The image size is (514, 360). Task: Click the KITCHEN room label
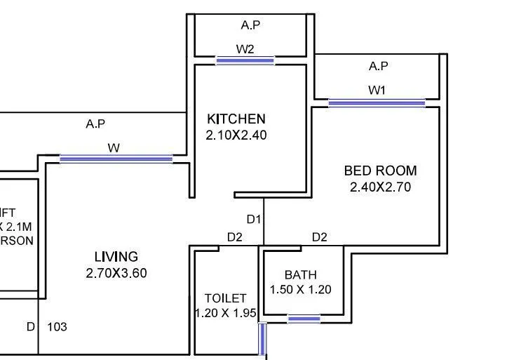coord(236,119)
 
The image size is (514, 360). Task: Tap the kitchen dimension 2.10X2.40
coord(236,135)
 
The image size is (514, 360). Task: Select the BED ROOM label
coord(380,171)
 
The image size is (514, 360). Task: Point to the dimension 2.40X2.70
coord(380,187)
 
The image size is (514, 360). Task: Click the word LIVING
coord(116,257)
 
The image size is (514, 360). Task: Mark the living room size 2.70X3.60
coord(116,273)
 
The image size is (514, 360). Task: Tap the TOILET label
coord(225,298)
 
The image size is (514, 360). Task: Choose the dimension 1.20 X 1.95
coord(225,314)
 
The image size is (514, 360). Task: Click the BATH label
coord(300,274)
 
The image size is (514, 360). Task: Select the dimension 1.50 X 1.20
coord(300,289)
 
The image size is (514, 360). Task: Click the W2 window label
coord(245,49)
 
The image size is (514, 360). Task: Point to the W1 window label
coord(377,90)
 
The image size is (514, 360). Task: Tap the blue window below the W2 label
coord(245,61)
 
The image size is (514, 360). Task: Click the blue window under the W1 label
coord(377,103)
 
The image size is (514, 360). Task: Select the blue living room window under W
coord(116,159)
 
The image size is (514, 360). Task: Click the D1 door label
coord(254,220)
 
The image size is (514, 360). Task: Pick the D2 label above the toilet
coord(234,237)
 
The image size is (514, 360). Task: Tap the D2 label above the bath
coord(319,237)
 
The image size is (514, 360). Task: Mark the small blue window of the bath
coord(304,319)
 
